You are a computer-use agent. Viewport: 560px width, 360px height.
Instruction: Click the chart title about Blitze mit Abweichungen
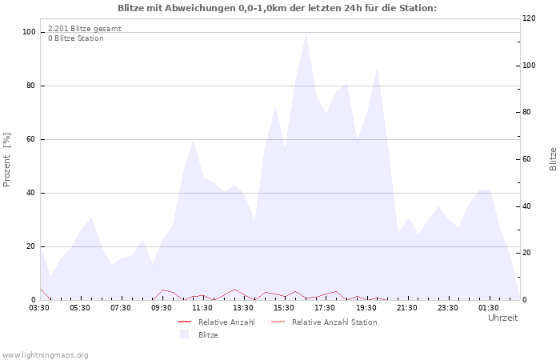(277, 8)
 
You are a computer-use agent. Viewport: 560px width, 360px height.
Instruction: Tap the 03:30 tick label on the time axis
(39, 308)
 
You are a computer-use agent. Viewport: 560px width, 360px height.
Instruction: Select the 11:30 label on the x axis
(202, 308)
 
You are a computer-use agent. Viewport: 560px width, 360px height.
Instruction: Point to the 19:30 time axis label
(366, 308)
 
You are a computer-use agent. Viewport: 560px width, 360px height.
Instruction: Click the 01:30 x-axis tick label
(489, 308)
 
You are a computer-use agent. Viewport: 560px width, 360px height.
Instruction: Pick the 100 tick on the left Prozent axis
(29, 32)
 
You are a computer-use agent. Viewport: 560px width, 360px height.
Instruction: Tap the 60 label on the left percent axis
(30, 139)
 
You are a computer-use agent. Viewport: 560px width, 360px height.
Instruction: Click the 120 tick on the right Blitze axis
(529, 18)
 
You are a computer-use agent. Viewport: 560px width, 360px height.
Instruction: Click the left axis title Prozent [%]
(6, 160)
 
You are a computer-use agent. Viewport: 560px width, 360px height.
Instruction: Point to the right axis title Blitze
(553, 159)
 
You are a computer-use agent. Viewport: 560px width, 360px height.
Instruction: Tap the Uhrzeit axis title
(503, 318)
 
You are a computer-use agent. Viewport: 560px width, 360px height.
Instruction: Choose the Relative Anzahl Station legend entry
(324, 322)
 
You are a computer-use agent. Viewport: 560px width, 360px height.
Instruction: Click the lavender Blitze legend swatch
(184, 334)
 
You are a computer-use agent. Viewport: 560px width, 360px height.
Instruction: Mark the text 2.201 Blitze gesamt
(85, 29)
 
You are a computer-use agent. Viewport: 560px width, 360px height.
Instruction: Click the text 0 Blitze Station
(76, 38)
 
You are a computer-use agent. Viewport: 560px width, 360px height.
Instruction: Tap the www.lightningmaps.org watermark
(44, 355)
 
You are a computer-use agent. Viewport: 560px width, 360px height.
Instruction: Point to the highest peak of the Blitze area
(306, 35)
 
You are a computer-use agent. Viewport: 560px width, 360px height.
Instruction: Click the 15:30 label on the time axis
(284, 308)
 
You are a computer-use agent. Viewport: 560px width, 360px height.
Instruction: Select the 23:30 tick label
(448, 308)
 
